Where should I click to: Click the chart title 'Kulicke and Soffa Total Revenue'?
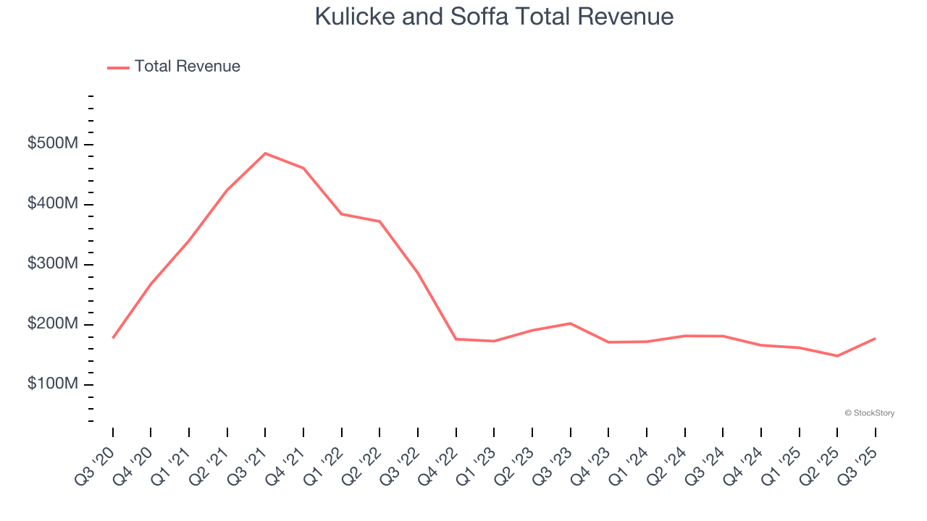pos(494,17)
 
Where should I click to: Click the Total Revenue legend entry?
pos(174,67)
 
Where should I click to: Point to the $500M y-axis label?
pos(52,144)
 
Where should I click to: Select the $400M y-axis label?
pos(52,204)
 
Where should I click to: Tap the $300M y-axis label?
pos(52,264)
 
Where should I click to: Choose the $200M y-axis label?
pos(52,324)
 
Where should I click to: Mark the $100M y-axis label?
pos(52,384)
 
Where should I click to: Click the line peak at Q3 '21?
pos(265,153)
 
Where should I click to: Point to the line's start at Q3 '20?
pos(113,338)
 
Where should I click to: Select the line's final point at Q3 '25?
pos(875,339)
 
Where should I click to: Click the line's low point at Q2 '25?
pos(837,356)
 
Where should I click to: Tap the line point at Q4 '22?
pos(456,339)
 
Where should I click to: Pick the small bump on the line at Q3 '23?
pos(571,323)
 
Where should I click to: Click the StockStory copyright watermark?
pos(869,413)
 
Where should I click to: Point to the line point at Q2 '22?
pos(379,221)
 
